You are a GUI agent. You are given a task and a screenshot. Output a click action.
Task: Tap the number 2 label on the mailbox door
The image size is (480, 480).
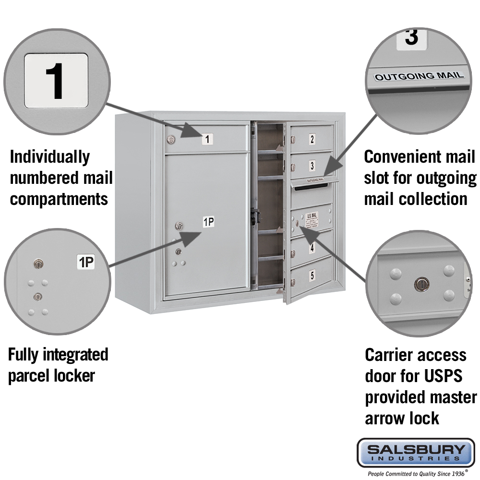(312, 140)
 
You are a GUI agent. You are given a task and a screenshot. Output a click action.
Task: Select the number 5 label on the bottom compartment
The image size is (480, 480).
(312, 276)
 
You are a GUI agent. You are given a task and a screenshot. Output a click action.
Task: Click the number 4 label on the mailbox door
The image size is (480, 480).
(312, 248)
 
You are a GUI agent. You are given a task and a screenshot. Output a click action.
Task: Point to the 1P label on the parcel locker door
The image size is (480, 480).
(208, 222)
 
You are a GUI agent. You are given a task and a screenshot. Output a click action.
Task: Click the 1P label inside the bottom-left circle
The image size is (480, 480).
(86, 262)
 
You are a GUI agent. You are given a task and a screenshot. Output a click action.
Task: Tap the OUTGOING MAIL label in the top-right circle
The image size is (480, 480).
(419, 76)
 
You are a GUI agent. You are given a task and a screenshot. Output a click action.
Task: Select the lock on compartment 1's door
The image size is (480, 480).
(170, 140)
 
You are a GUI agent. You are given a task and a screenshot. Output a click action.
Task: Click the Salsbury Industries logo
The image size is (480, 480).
(415, 452)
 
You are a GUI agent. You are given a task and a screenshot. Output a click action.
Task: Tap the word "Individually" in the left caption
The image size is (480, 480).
(50, 157)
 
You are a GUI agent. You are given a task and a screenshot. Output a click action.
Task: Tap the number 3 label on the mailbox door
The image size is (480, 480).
(312, 166)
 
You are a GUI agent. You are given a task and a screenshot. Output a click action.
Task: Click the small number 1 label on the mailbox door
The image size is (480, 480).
(207, 140)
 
